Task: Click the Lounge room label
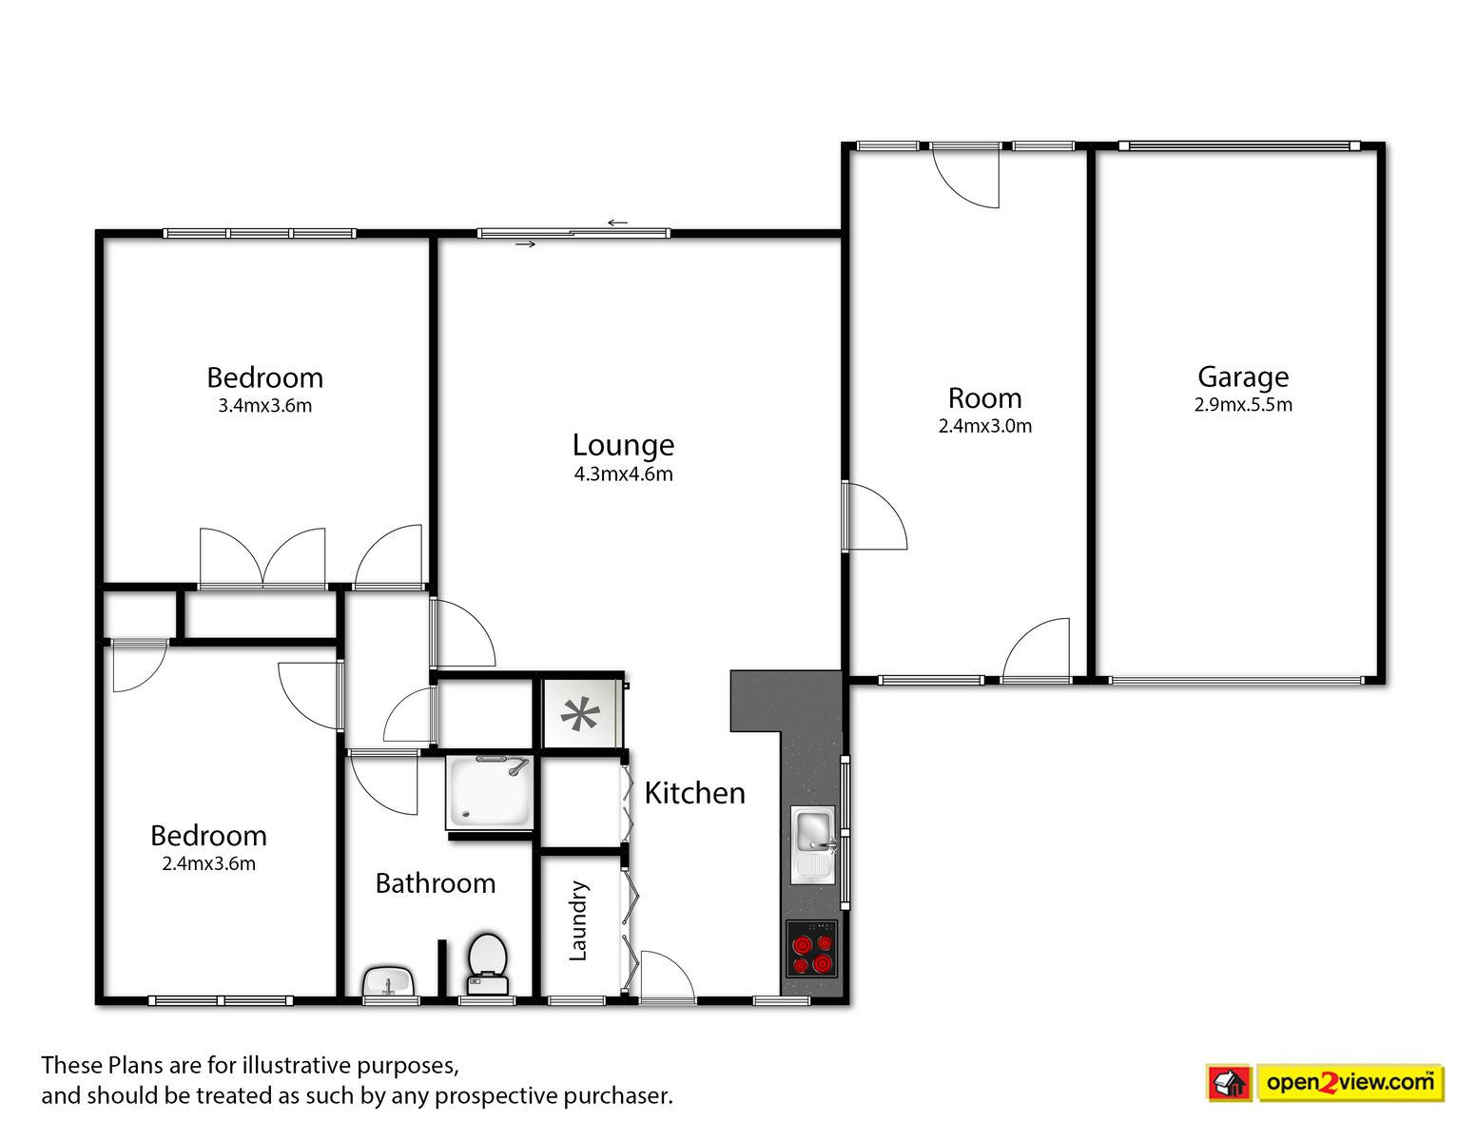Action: pos(623,446)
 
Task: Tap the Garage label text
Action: pos(1242,377)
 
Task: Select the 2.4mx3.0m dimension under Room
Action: pos(985,426)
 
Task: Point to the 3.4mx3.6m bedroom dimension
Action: pos(264,406)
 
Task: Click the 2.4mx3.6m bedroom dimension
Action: pos(208,863)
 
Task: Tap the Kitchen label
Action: pos(694,793)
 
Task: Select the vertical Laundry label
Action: pos(577,920)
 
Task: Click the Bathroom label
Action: pos(435,883)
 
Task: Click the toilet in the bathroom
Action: pos(487,964)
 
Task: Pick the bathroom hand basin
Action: pos(388,981)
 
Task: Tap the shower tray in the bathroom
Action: pos(490,793)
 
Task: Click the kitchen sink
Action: pos(813,844)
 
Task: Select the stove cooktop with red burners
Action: pos(811,948)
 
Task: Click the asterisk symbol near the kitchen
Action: pos(580,714)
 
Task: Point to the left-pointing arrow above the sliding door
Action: pos(617,222)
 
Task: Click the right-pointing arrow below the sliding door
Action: pos(525,244)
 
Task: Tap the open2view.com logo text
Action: pos(1351,1083)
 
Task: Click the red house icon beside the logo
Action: pos(1229,1083)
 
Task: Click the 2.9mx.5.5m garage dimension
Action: pos(1243,405)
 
